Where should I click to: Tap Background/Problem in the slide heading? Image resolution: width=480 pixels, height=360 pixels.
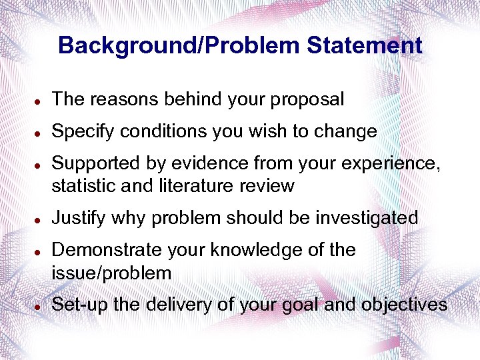click(179, 45)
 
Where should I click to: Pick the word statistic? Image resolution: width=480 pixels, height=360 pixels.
click(83, 185)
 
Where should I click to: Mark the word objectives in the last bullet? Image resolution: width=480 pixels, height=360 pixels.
click(404, 305)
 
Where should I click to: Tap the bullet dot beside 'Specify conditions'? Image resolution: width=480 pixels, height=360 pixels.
click(40, 133)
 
